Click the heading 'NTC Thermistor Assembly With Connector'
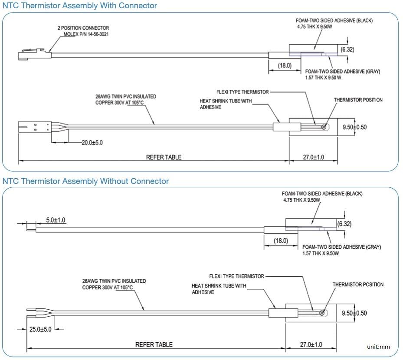(80, 6)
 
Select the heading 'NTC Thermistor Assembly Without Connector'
(85, 181)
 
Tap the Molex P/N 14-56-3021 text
(83, 34)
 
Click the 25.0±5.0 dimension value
(40, 329)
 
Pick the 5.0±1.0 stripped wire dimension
(56, 220)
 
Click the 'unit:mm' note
(378, 347)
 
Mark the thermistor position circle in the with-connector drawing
(324, 127)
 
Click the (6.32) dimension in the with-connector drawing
(347, 49)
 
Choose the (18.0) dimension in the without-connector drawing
(280, 241)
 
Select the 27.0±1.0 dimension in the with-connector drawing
(313, 157)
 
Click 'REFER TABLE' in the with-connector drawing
(164, 157)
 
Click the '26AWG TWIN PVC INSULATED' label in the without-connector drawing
(114, 281)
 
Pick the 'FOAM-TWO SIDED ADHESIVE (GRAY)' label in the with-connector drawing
(343, 72)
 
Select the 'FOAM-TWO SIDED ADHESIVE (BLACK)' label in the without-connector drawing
(322, 193)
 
